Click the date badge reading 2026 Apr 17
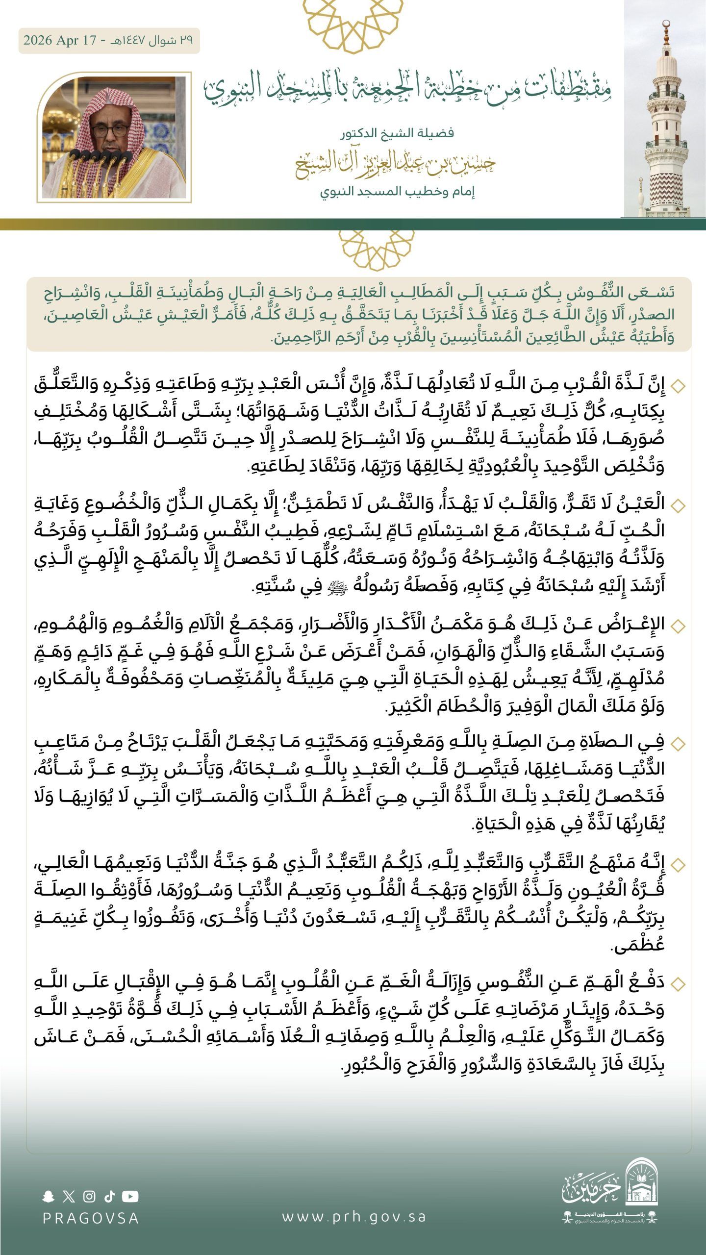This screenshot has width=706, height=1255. click(109, 41)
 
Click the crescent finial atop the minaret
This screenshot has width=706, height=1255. click(665, 25)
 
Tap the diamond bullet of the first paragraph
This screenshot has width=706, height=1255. click(678, 386)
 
